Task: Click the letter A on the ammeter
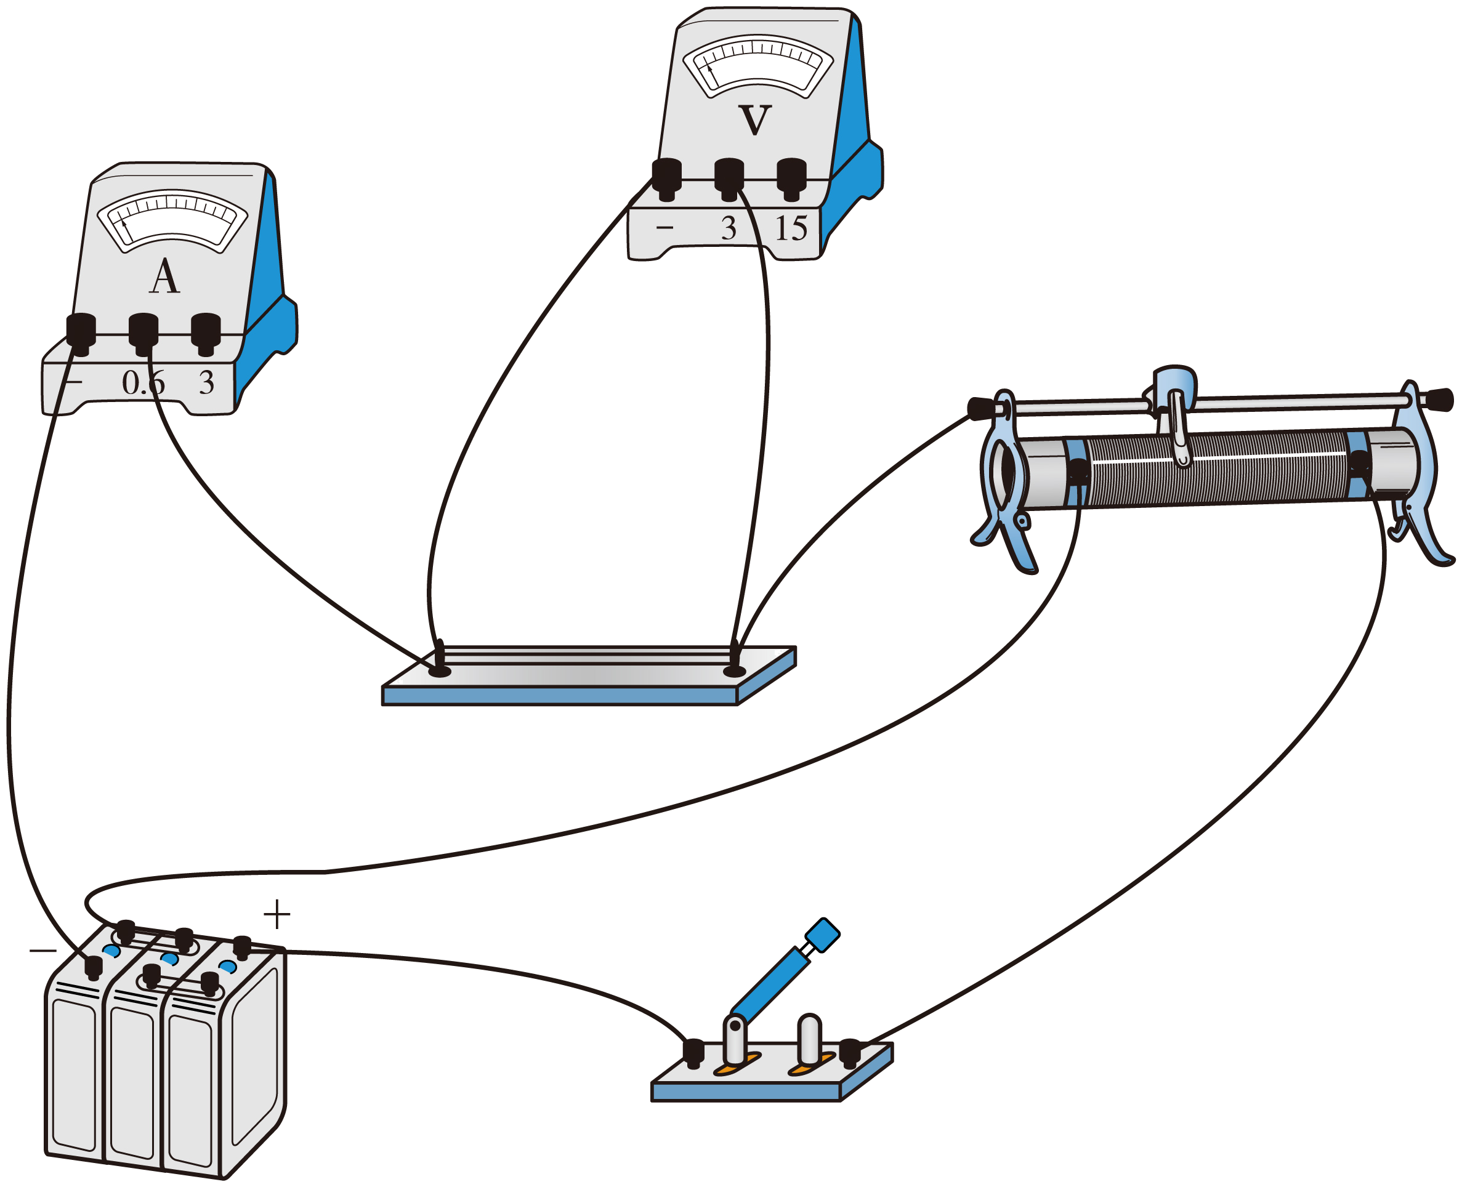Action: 164,278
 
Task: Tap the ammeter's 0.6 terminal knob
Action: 143,332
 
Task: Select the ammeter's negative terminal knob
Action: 81,332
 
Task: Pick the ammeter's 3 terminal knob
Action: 205,332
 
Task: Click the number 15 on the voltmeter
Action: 791,228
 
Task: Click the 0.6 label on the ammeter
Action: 143,383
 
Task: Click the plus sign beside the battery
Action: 277,914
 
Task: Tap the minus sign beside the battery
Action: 42,951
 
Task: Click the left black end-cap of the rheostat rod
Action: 981,409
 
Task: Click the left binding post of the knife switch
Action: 693,1052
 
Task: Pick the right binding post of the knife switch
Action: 850,1052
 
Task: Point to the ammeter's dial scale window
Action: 172,220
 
